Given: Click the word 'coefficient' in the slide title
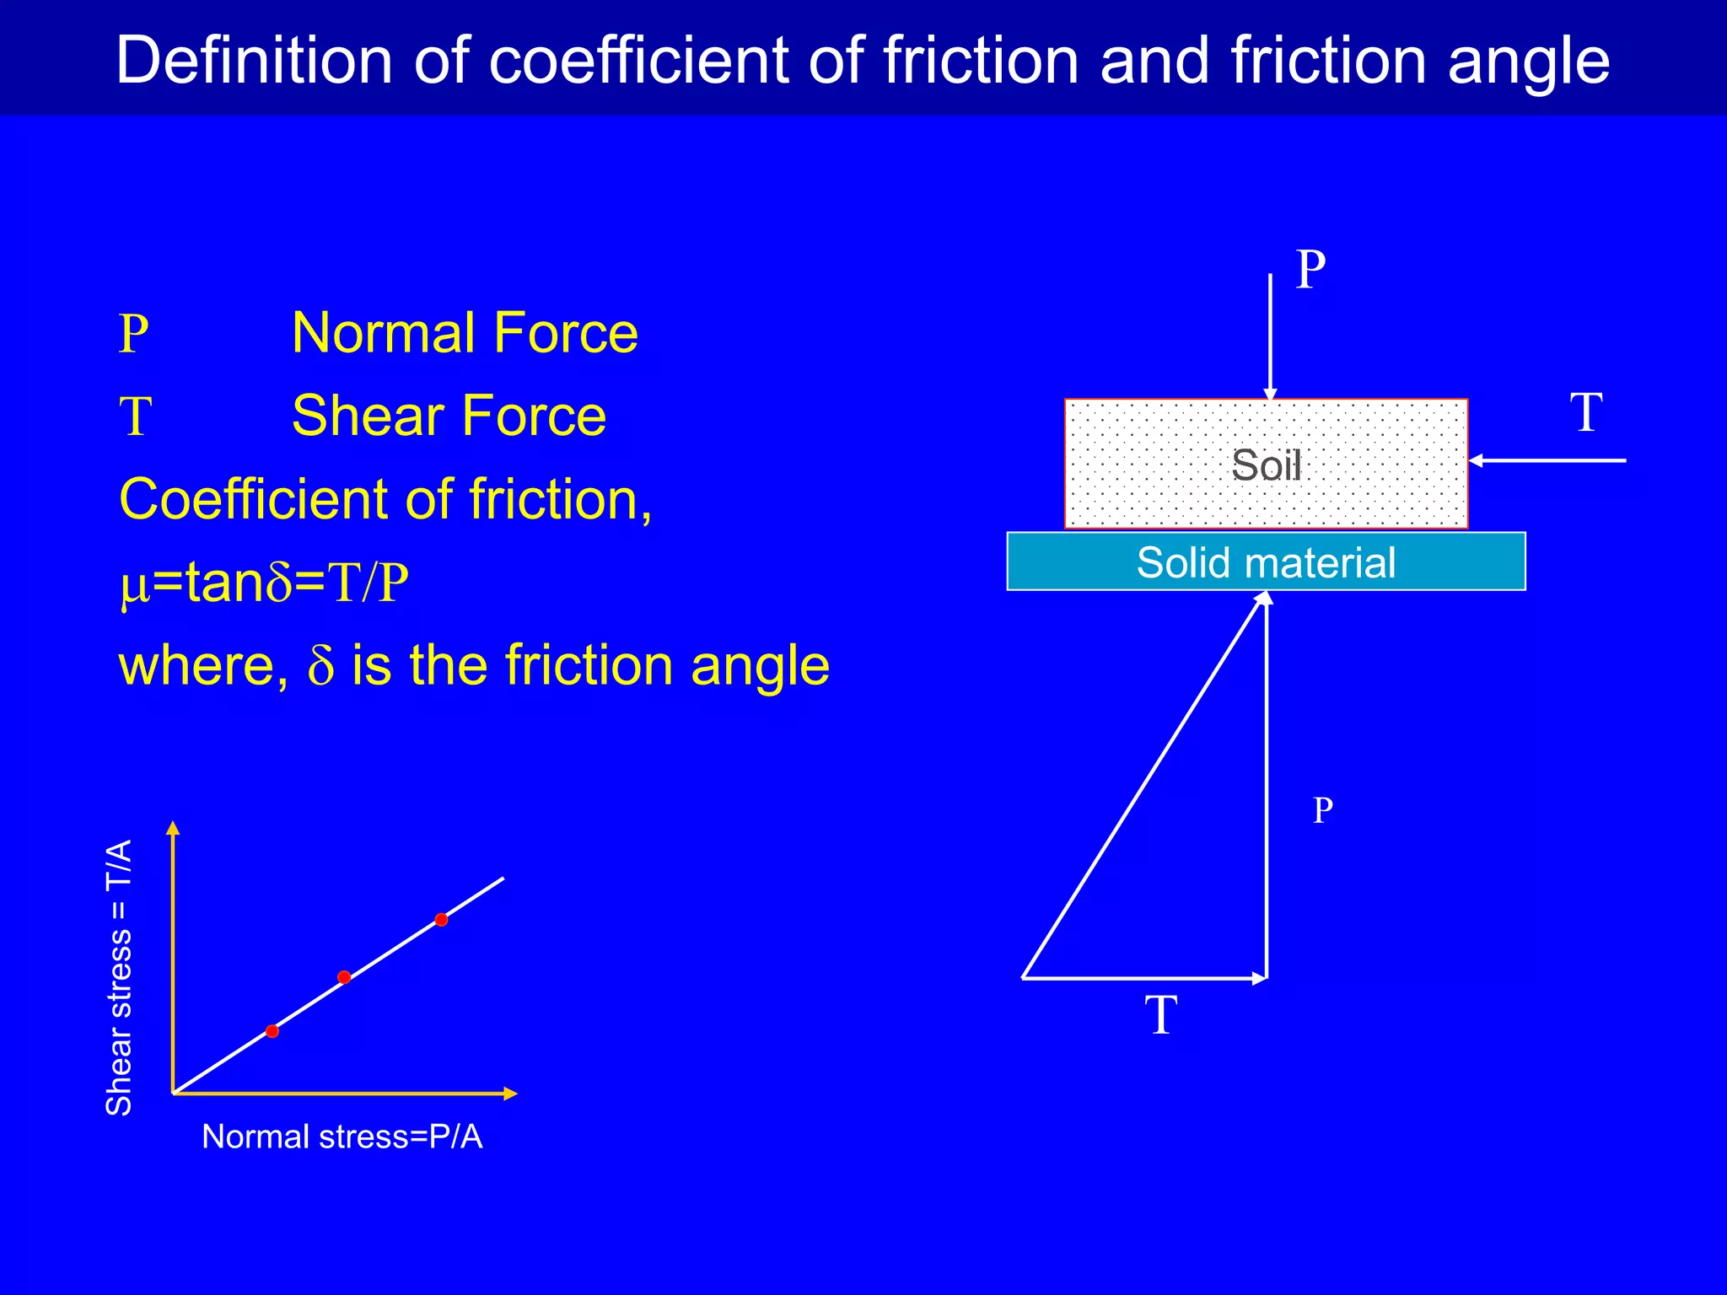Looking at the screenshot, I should point(640,61).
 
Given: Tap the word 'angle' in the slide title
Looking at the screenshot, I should point(1528,61).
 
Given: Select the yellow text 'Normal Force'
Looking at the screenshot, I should point(465,333).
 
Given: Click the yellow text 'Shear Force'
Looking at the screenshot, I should point(449,416).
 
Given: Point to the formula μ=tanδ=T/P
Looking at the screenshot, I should point(264,583).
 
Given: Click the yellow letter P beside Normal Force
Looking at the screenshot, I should point(134,335).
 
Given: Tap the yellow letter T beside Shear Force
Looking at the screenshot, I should point(135,417).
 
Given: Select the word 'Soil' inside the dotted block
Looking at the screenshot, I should point(1266,465).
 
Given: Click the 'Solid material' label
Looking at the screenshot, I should point(1266,562).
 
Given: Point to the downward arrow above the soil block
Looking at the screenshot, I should point(1270,337).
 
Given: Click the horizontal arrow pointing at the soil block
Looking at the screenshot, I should point(1547,460).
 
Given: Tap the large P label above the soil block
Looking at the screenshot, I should point(1310,270).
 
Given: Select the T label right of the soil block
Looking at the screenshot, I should point(1586,413).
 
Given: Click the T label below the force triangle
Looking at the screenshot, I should point(1161,1015).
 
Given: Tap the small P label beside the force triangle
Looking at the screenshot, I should point(1323,810).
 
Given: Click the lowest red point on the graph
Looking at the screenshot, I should point(272,1031).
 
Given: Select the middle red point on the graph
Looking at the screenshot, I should point(344,977).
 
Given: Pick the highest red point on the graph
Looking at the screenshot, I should point(441,920).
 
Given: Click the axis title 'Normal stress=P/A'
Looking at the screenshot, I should point(342,1137).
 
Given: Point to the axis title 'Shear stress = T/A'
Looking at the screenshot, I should point(119,978).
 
